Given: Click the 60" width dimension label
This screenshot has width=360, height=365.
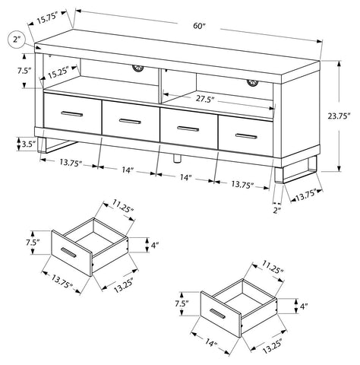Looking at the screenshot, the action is pyautogui.click(x=200, y=26).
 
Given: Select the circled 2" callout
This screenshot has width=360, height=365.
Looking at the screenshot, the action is pyautogui.click(x=17, y=40).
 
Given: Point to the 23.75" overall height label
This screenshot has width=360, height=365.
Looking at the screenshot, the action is pyautogui.click(x=339, y=116).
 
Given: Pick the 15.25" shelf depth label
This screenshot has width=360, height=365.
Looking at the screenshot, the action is pyautogui.click(x=58, y=72).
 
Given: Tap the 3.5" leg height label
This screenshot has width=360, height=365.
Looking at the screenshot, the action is pyautogui.click(x=28, y=144).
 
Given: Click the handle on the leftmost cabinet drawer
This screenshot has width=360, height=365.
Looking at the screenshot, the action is pyautogui.click(x=72, y=114).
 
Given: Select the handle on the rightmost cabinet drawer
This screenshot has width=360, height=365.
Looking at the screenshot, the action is pyautogui.click(x=246, y=136).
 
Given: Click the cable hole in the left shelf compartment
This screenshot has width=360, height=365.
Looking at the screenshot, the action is pyautogui.click(x=138, y=68).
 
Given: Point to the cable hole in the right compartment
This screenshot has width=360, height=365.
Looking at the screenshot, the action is pyautogui.click(x=252, y=83).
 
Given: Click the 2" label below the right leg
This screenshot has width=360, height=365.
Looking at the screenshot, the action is pyautogui.click(x=277, y=211).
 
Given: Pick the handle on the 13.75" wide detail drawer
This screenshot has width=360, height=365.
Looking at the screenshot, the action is pyautogui.click(x=68, y=253).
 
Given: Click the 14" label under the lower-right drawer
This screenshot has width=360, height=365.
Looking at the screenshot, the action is pyautogui.click(x=211, y=343).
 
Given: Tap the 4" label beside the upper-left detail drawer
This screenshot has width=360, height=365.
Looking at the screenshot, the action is pyautogui.click(x=155, y=246).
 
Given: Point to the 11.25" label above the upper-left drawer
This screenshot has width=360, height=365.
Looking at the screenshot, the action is pyautogui.click(x=123, y=205).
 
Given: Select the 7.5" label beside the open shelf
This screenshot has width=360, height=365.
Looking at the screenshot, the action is pyautogui.click(x=24, y=71).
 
